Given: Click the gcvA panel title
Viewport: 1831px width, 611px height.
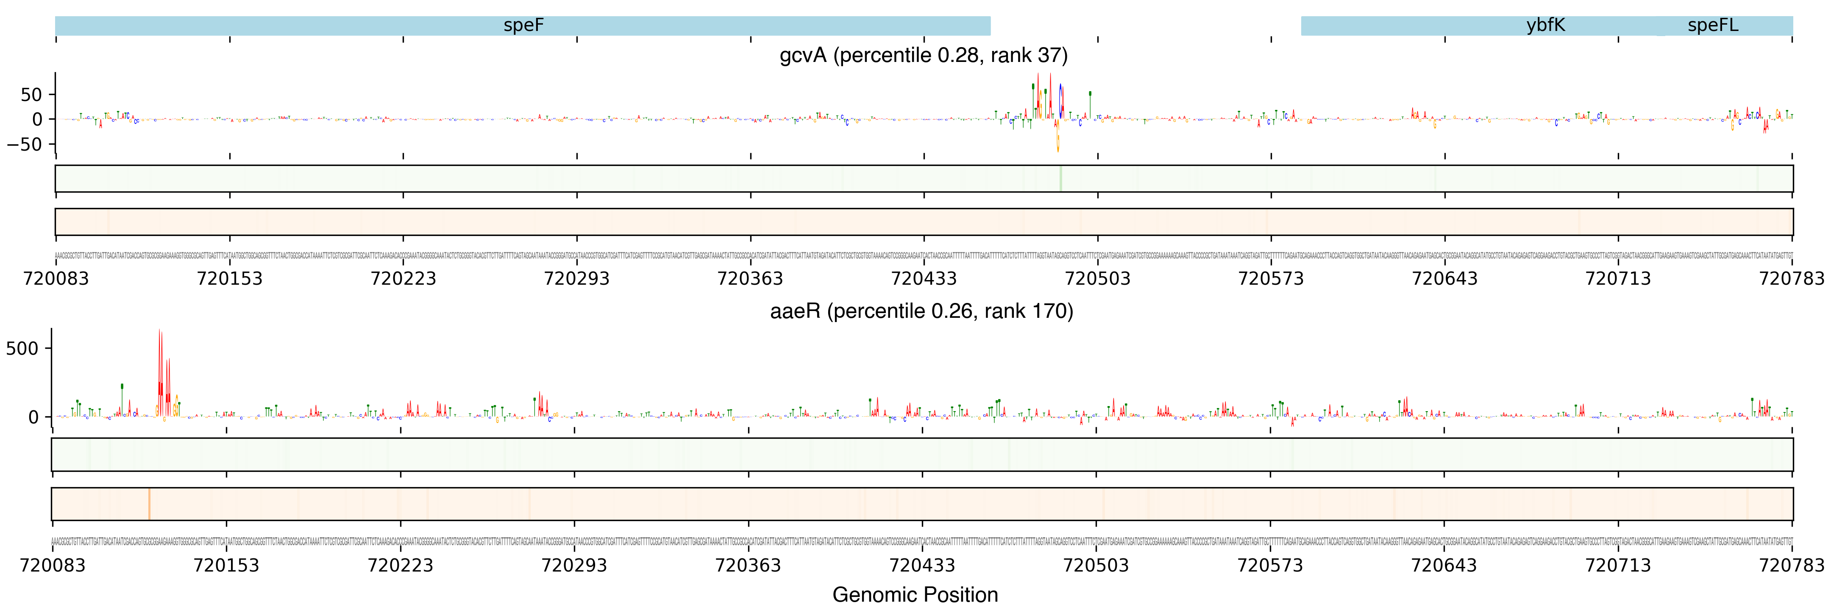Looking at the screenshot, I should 923,56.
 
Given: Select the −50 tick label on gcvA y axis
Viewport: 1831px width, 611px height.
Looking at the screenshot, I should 25,144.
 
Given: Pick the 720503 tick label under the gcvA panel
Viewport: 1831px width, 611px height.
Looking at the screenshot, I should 1097,278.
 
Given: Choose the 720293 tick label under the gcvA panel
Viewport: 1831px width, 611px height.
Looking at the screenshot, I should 576,278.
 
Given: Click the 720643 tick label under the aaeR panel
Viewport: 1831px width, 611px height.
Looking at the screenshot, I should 1444,566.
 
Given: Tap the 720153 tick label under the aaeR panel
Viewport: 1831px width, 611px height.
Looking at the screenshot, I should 226,566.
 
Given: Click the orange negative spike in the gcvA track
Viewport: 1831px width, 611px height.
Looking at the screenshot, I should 1057,142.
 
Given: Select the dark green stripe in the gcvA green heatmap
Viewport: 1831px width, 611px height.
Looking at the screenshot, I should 1060,179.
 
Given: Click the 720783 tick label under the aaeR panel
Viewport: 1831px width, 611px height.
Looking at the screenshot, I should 1791,566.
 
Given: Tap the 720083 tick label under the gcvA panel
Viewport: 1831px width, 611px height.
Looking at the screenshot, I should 56,278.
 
